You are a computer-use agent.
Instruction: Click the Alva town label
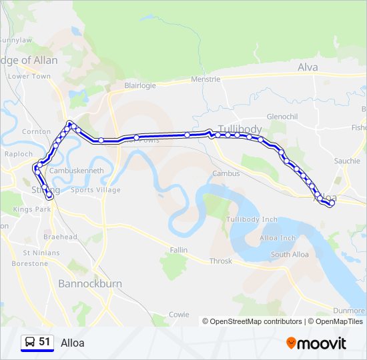click(x=308, y=67)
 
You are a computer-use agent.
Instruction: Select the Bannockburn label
click(x=90, y=283)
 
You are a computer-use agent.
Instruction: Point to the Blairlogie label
click(x=140, y=85)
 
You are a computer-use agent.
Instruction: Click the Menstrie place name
click(x=206, y=79)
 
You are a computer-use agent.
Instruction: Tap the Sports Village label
click(x=95, y=190)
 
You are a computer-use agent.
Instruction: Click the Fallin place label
click(x=178, y=249)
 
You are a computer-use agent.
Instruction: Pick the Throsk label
click(x=221, y=261)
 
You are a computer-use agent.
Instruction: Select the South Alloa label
click(x=290, y=255)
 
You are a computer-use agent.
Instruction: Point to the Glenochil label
click(x=282, y=116)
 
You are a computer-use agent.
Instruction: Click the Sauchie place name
click(x=347, y=161)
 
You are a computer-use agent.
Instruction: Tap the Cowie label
click(x=179, y=314)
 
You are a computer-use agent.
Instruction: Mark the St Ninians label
click(x=41, y=253)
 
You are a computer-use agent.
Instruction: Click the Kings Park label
click(x=32, y=209)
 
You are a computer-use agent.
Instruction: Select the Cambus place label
click(x=226, y=173)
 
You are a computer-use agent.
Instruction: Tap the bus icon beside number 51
click(x=29, y=343)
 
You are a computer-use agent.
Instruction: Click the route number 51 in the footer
click(x=45, y=342)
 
